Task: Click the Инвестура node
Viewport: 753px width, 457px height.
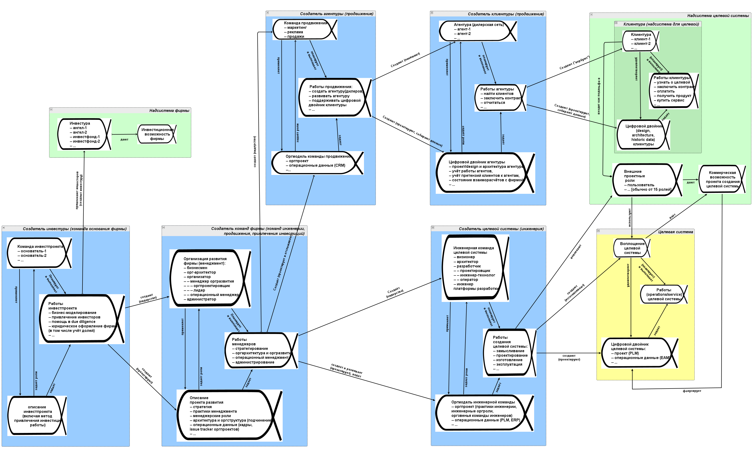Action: (84, 134)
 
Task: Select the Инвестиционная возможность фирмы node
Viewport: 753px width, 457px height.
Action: (157, 134)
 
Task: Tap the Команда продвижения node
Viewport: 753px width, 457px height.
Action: (304, 30)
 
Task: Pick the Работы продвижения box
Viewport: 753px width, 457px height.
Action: (335, 98)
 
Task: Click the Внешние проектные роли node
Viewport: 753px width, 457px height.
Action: (647, 180)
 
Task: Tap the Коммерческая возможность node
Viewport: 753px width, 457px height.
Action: (722, 179)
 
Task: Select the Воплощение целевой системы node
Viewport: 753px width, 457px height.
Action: (632, 248)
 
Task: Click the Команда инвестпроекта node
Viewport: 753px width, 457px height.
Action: (39, 253)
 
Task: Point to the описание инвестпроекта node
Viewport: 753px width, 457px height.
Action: (37, 415)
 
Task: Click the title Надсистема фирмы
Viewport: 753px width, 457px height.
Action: (169, 110)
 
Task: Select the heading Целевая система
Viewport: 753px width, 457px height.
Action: (675, 232)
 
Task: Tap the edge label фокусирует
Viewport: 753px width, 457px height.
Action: (692, 391)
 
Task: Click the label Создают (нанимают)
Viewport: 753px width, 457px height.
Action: (405, 59)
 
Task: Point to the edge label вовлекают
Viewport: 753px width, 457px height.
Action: (576, 252)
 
